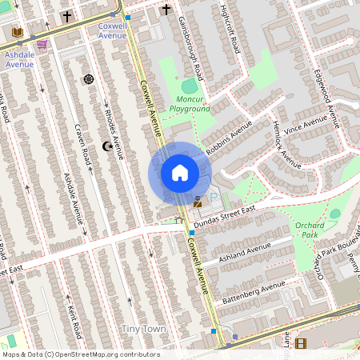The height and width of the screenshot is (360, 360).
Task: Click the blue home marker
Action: tap(179, 173)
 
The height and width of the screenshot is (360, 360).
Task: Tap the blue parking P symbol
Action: tap(213, 198)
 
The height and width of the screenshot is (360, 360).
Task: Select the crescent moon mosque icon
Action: tap(107, 146)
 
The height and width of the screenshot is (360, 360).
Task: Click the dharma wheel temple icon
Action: tap(88, 79)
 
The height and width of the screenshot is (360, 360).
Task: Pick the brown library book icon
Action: tap(18, 32)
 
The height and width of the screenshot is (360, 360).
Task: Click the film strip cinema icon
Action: tap(300, 343)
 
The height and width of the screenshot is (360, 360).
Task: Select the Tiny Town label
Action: tap(144, 329)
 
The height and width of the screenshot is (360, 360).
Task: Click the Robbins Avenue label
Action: tap(229, 136)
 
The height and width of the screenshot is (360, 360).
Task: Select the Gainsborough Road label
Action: tap(193, 48)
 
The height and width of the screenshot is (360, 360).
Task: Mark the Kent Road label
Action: tap(73, 320)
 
